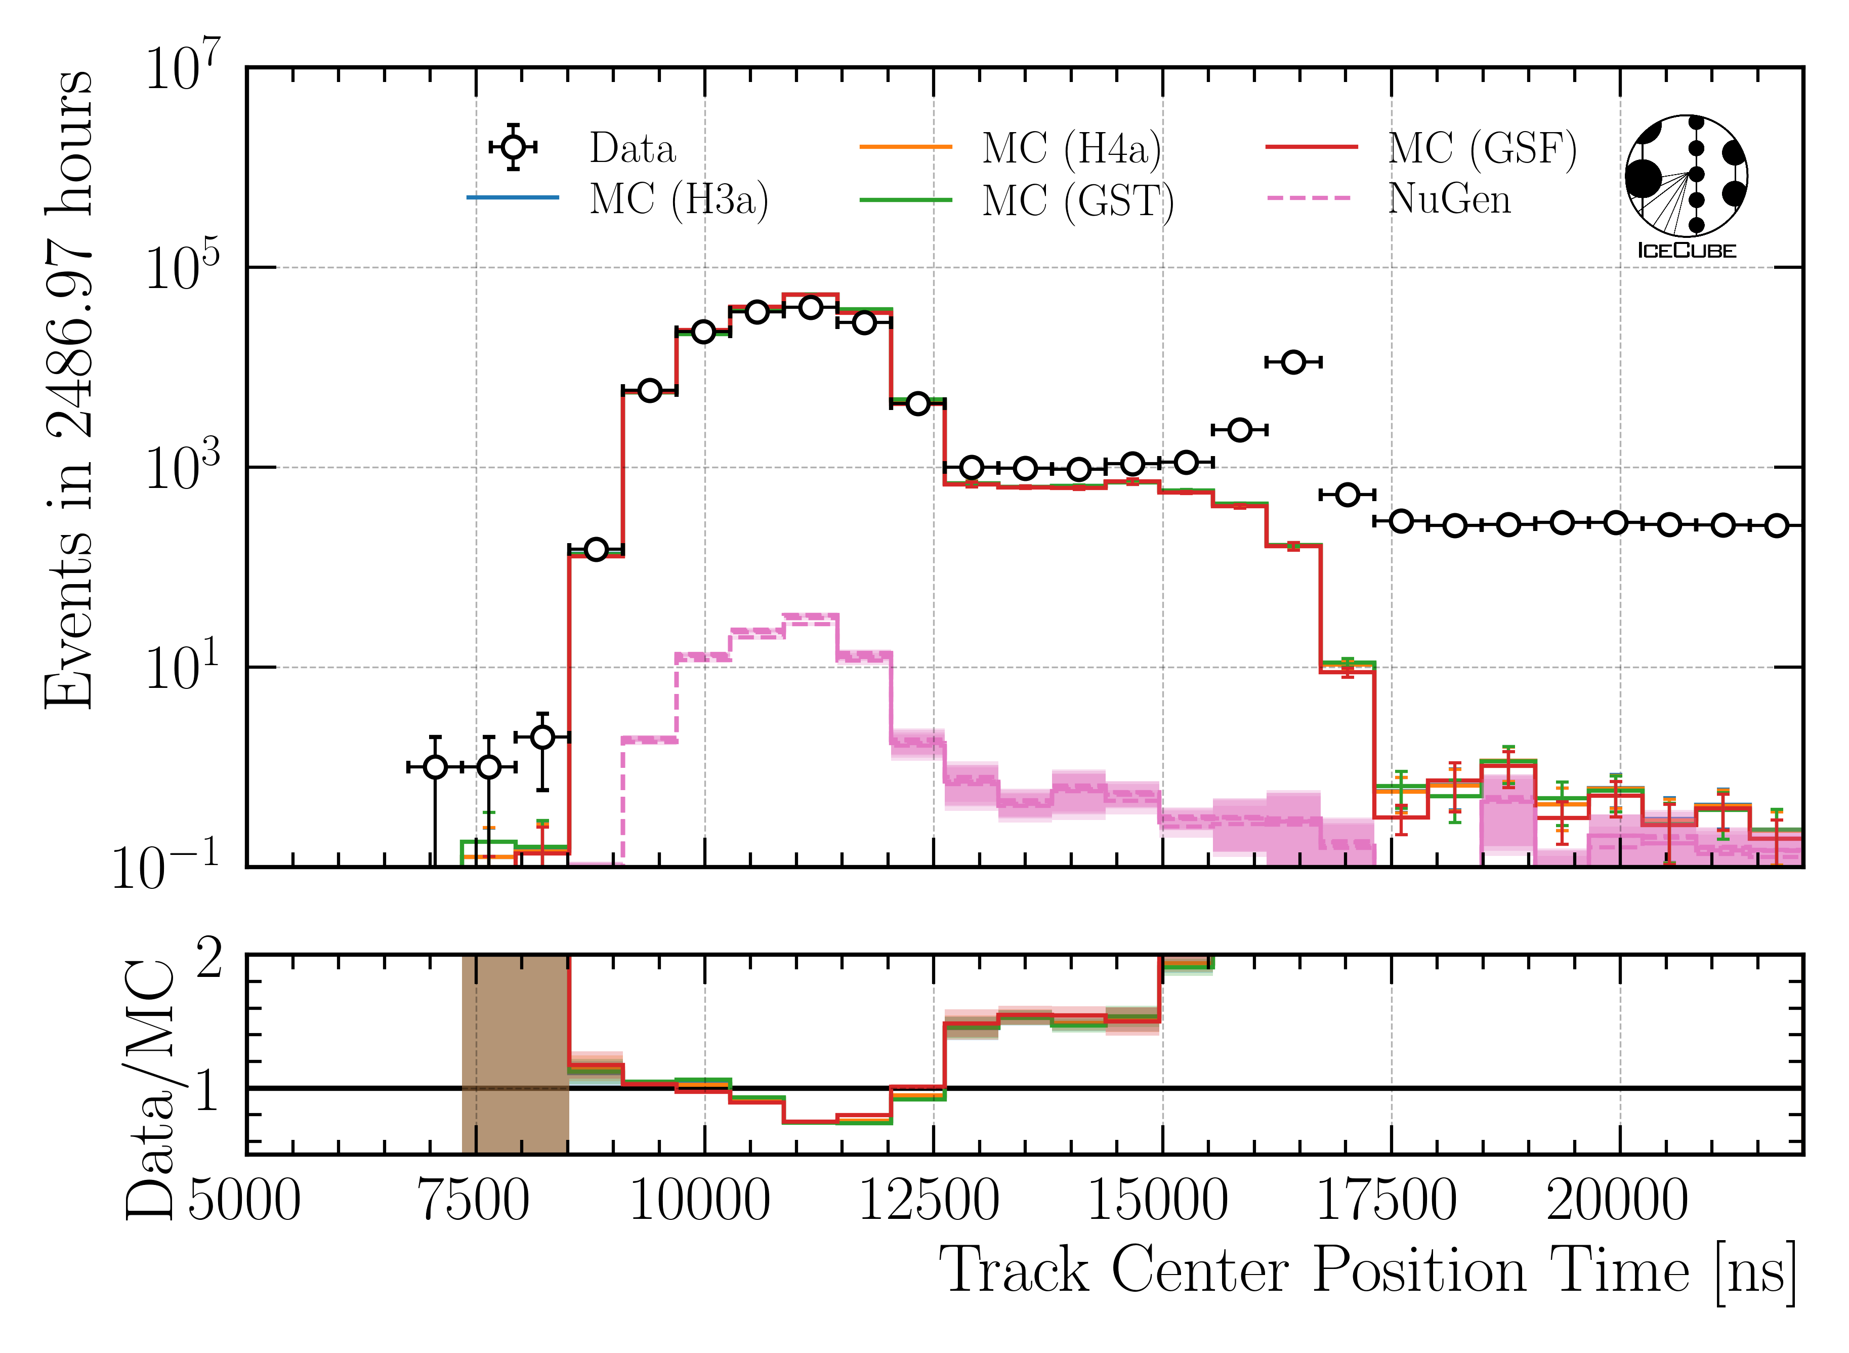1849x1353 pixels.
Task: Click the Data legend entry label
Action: (x=632, y=148)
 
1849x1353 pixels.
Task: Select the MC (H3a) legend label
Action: (x=679, y=199)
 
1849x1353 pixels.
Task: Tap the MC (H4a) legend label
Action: (x=1071, y=148)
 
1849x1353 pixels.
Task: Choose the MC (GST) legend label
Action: (x=1078, y=200)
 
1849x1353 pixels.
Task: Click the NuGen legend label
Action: (x=1449, y=199)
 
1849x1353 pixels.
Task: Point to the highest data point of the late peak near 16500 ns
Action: (x=1293, y=362)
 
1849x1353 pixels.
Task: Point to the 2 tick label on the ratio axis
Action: (x=209, y=958)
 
